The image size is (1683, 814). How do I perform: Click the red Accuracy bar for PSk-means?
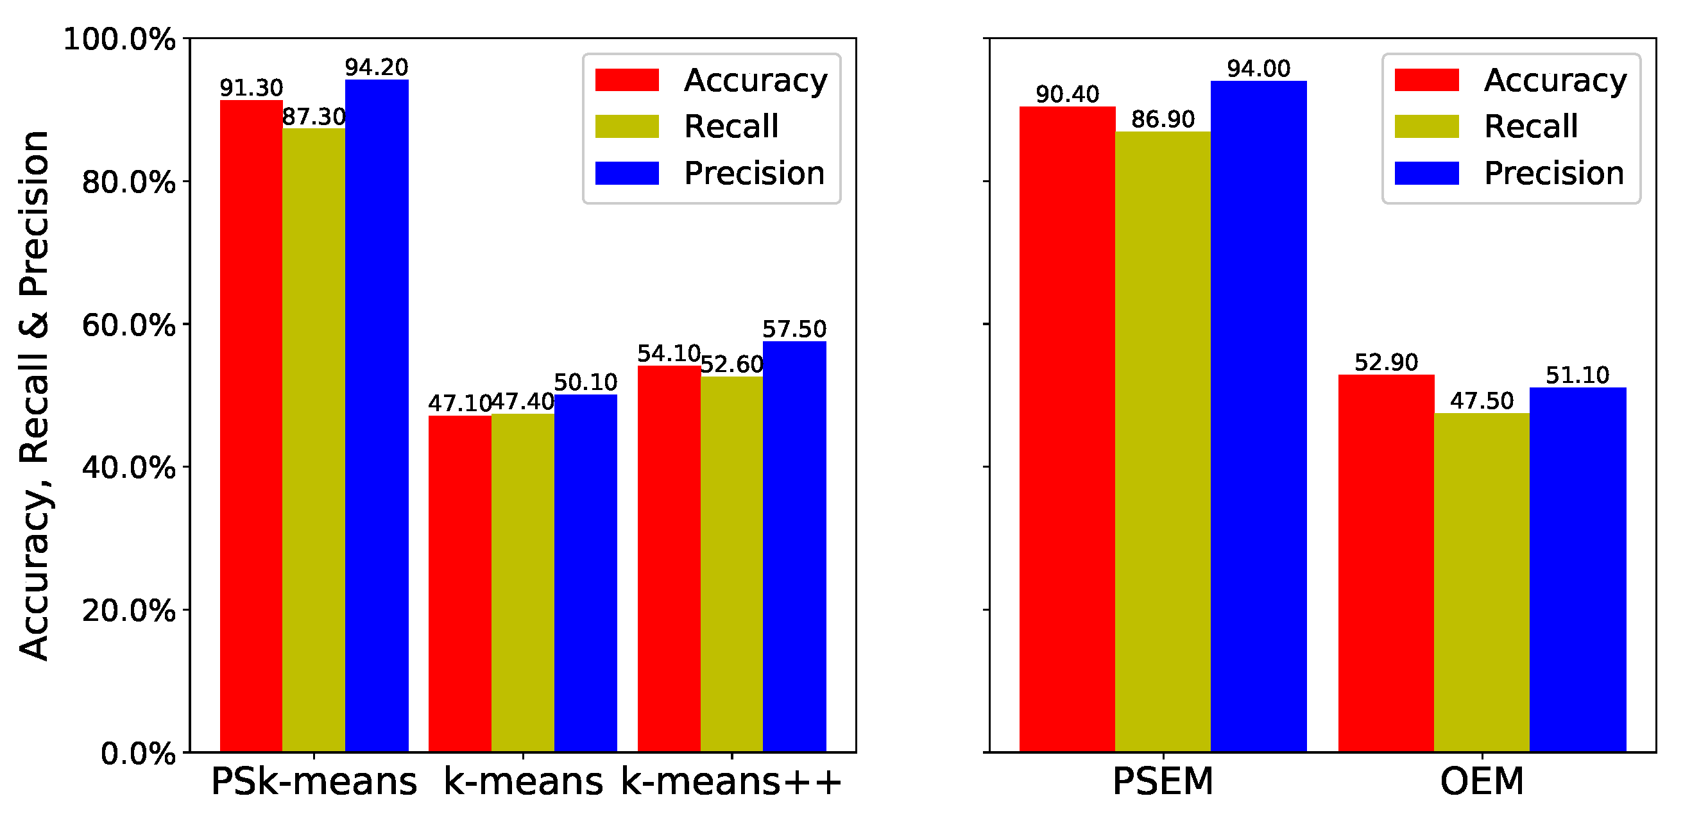click(x=251, y=425)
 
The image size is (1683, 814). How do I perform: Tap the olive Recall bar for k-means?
click(x=523, y=581)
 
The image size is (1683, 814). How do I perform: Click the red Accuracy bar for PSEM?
click(x=1067, y=428)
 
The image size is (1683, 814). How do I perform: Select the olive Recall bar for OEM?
click(x=1482, y=581)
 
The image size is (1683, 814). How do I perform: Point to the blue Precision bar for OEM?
click(x=1578, y=568)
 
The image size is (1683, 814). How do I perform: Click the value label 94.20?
click(x=377, y=67)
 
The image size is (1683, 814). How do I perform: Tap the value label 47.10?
click(x=459, y=403)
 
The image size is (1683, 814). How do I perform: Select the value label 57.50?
click(x=794, y=329)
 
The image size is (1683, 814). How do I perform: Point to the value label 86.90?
click(x=1163, y=119)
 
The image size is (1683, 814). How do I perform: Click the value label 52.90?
click(x=1387, y=362)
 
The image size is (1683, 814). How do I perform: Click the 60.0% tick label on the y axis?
click(x=129, y=325)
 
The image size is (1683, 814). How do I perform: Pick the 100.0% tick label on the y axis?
click(x=119, y=39)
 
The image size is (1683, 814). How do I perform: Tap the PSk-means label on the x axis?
click(x=314, y=781)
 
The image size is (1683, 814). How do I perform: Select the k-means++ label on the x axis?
click(x=731, y=781)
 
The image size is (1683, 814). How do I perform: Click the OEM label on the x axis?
click(x=1482, y=781)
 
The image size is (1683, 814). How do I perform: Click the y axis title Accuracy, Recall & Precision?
click(x=34, y=395)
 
